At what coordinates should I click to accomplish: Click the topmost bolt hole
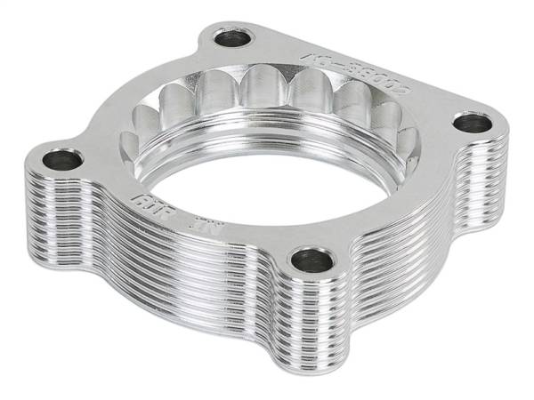(x=234, y=37)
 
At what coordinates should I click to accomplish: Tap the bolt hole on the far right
(x=473, y=123)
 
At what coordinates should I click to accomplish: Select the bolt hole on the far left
(x=62, y=160)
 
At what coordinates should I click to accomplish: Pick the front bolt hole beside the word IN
(x=312, y=260)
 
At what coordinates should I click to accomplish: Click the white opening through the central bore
(x=267, y=191)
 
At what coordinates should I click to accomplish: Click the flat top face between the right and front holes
(x=392, y=209)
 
